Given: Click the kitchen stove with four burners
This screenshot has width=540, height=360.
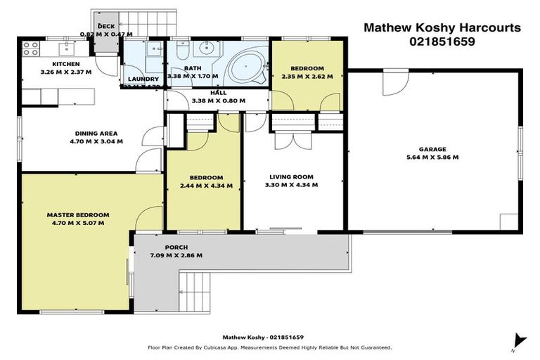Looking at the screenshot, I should (31, 49).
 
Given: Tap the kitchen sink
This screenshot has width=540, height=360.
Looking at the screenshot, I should (69, 49).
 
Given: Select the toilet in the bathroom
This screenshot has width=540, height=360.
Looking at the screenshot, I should (181, 51).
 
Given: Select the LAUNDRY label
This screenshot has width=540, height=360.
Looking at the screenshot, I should (144, 79).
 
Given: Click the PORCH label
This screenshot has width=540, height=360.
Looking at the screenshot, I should (176, 247).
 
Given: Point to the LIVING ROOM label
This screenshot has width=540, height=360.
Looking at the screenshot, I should (292, 177).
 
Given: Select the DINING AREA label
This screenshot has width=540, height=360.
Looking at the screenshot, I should (96, 133).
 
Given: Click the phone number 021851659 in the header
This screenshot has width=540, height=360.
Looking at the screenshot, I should (442, 41).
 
